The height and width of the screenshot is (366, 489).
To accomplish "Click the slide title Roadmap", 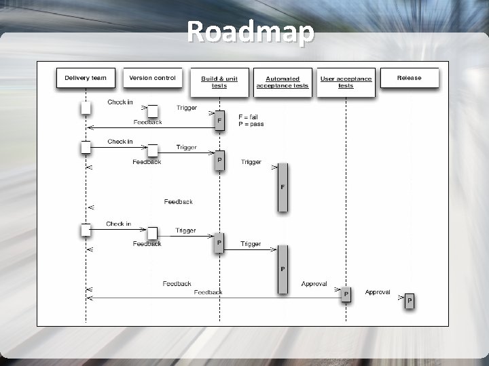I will [x=251, y=32].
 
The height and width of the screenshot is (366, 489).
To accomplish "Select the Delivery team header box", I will [x=86, y=79].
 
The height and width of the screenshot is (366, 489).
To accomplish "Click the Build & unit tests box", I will [x=219, y=82].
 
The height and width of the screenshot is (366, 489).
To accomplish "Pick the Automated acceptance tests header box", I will [x=282, y=82].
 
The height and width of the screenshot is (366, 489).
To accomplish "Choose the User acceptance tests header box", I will [x=346, y=82].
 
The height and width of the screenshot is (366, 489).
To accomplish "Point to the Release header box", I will [x=409, y=79].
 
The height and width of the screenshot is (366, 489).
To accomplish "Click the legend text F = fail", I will [x=248, y=117].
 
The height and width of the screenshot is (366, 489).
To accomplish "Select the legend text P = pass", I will [x=251, y=124].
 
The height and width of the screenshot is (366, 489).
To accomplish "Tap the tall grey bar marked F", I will [x=283, y=187].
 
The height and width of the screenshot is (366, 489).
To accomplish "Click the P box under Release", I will [x=409, y=301].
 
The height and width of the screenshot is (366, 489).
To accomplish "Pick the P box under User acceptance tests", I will [x=346, y=295].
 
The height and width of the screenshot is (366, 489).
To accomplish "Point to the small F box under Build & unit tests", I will [x=219, y=121].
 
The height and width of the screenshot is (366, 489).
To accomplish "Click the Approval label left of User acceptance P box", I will [x=314, y=284].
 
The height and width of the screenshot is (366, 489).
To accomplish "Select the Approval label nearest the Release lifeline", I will [x=378, y=292].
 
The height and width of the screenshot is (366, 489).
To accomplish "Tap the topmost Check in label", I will [x=120, y=102].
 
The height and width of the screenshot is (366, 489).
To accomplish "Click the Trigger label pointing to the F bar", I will [x=251, y=162].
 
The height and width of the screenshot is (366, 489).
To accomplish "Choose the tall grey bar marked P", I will [x=283, y=269].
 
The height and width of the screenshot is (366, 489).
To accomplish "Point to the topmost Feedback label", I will [x=147, y=122].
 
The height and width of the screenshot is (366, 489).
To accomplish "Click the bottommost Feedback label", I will [x=208, y=292].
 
